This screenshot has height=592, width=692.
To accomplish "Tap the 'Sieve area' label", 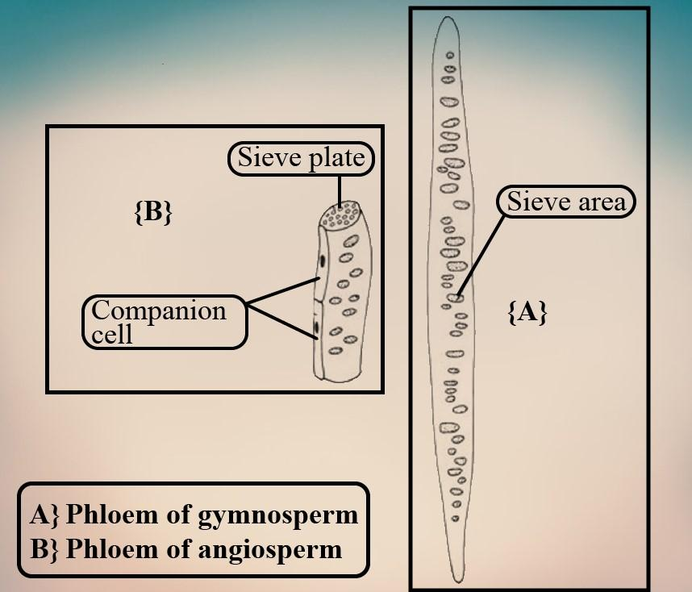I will (565, 202).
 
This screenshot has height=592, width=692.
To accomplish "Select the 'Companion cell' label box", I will (165, 322).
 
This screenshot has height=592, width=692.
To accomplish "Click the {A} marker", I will (527, 312).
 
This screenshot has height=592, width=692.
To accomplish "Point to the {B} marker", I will (152, 212).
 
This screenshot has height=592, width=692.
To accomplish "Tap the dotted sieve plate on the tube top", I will (340, 215).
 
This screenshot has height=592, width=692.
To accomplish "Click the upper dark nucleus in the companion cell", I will (322, 261).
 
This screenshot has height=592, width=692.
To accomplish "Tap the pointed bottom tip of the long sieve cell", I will (456, 579).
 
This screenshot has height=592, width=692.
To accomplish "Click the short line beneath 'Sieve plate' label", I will (340, 187).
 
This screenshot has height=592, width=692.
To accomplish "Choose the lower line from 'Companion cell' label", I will (279, 319).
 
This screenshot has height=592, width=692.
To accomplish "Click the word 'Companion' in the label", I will (158, 311).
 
